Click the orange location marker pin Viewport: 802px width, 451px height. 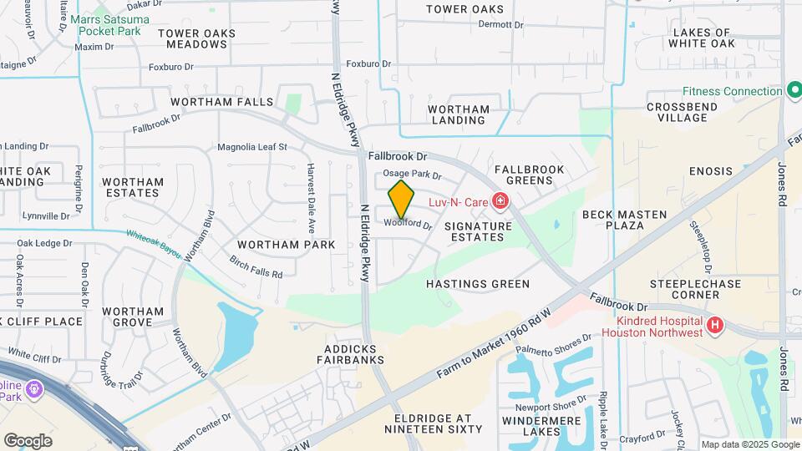coord(401,199)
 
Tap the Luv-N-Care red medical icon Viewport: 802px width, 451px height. coord(500,200)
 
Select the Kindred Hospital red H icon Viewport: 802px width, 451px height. coord(714,326)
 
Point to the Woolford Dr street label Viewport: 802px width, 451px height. coord(409,224)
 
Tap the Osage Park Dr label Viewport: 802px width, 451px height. coord(412,175)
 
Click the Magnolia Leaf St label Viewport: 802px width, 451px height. coord(251,147)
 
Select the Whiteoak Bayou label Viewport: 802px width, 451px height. coord(153,241)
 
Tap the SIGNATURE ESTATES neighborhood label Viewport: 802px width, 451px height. coord(478,231)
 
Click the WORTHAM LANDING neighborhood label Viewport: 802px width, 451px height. coord(459,114)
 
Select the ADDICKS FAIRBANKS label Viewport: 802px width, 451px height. coord(350,354)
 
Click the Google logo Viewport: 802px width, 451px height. coord(28,440)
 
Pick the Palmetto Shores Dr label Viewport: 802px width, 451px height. coord(553,344)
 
